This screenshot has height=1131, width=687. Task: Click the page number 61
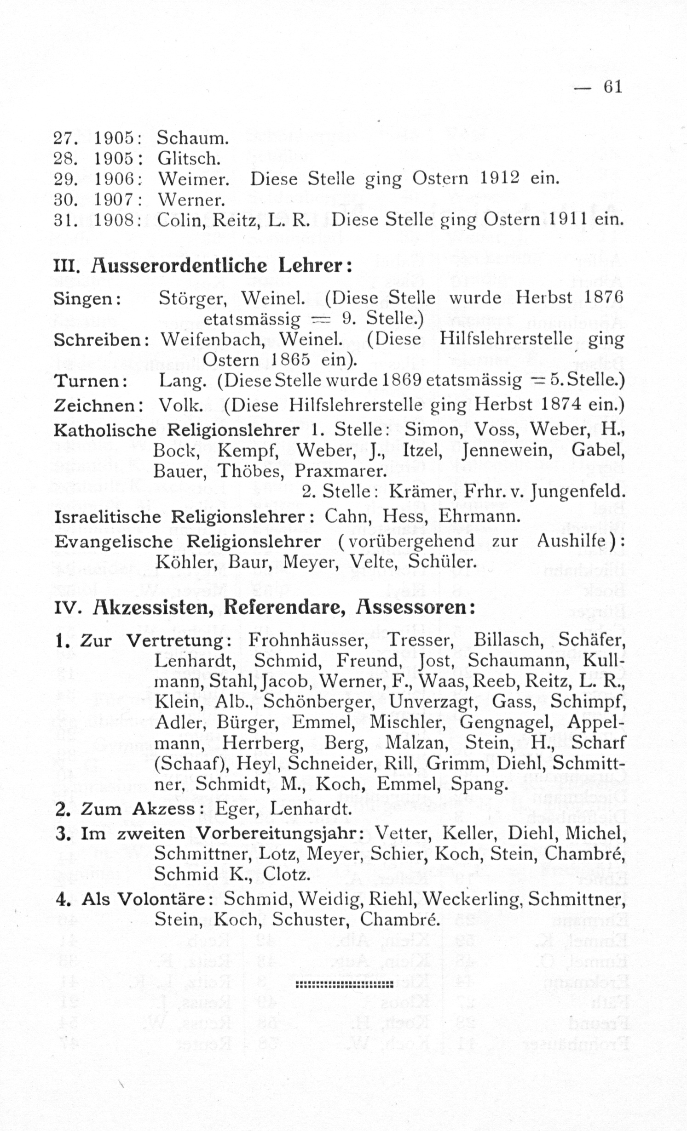click(612, 86)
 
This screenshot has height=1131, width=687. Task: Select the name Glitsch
click(189, 159)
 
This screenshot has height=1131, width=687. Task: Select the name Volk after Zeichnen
click(180, 405)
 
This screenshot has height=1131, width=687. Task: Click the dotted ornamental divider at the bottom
click(343, 984)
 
